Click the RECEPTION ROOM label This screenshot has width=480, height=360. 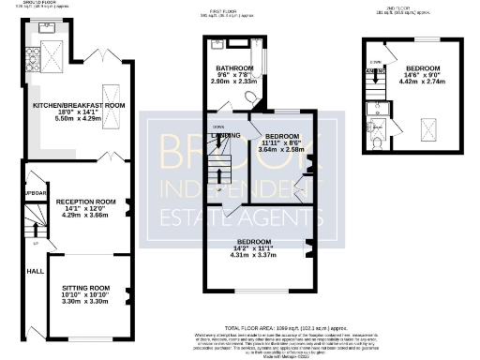85,202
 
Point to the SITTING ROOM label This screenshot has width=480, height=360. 85,288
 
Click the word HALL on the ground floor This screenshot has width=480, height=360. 35,271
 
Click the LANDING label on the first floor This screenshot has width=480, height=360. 226,135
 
